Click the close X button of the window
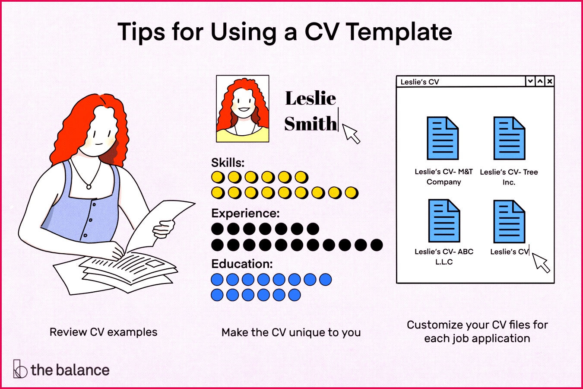point(549,81)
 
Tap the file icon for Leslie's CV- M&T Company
point(443,138)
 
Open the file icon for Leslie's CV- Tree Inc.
point(509,138)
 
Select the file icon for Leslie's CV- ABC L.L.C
point(444,221)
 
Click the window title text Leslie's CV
point(419,82)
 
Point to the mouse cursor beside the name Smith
point(351,133)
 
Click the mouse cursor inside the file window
point(541,262)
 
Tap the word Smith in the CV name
point(311,124)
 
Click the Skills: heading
point(228,163)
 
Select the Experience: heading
point(245,213)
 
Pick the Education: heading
point(242,264)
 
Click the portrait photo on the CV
point(243,109)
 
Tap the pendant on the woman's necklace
point(89,187)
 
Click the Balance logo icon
point(19,369)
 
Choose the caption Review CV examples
point(103,332)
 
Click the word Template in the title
point(399,32)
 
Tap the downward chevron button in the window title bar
point(530,81)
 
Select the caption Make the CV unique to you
point(291,332)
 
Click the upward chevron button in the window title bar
point(540,81)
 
